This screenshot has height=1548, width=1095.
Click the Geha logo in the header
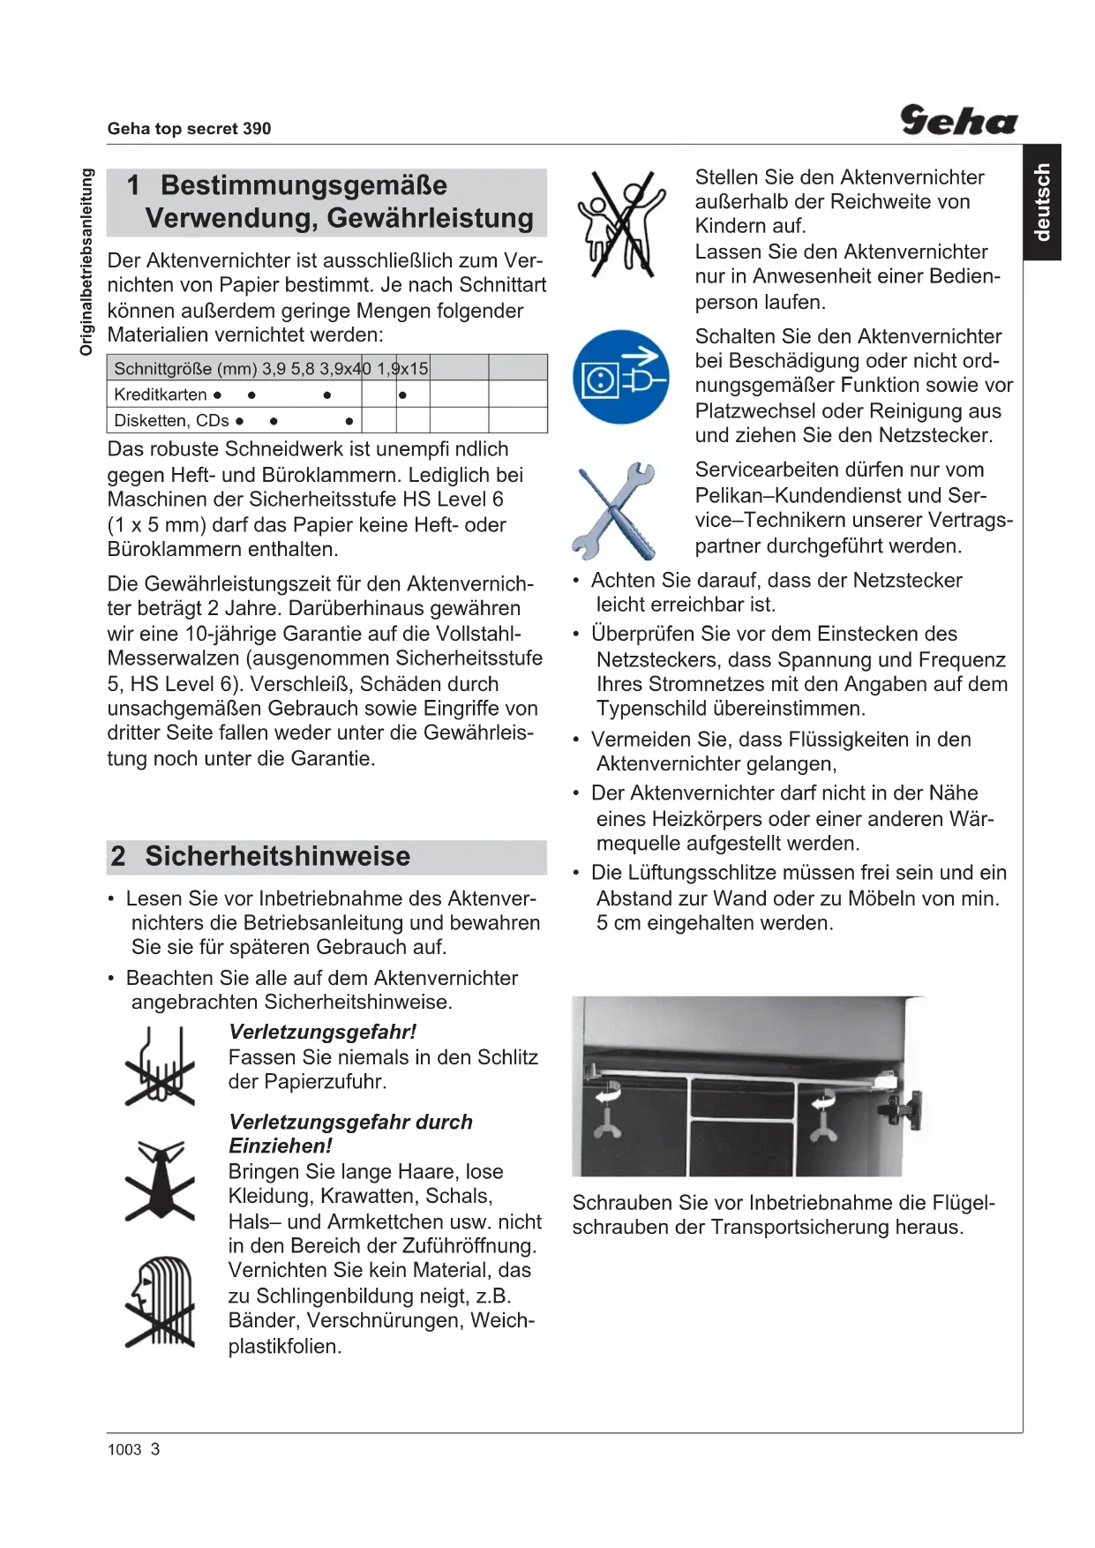(x=958, y=120)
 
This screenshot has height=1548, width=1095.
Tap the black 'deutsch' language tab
(x=1042, y=202)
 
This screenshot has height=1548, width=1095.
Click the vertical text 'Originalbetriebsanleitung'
(x=86, y=262)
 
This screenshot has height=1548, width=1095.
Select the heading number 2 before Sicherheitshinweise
(x=118, y=856)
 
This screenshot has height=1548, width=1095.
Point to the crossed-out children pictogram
(x=621, y=224)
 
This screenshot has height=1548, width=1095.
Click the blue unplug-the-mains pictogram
(x=620, y=377)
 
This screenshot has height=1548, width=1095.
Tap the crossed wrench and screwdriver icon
(x=616, y=510)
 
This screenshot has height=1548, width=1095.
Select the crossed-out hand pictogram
(x=160, y=1067)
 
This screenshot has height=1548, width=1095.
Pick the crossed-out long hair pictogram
(x=160, y=1302)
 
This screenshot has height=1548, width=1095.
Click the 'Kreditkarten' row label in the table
(x=161, y=395)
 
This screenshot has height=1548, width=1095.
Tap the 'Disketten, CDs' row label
(x=171, y=421)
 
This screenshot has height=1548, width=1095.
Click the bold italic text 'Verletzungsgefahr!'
(x=322, y=1032)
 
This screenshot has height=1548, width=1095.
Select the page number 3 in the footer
(x=155, y=1449)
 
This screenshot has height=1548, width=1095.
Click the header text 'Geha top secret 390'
(x=189, y=129)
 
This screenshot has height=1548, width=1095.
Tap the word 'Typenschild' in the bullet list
(x=650, y=709)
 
